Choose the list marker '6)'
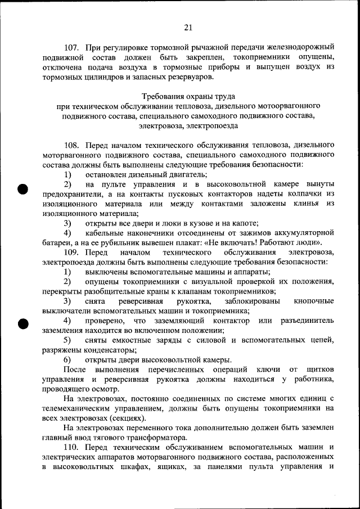pos(67,359)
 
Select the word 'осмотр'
pos(106,389)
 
